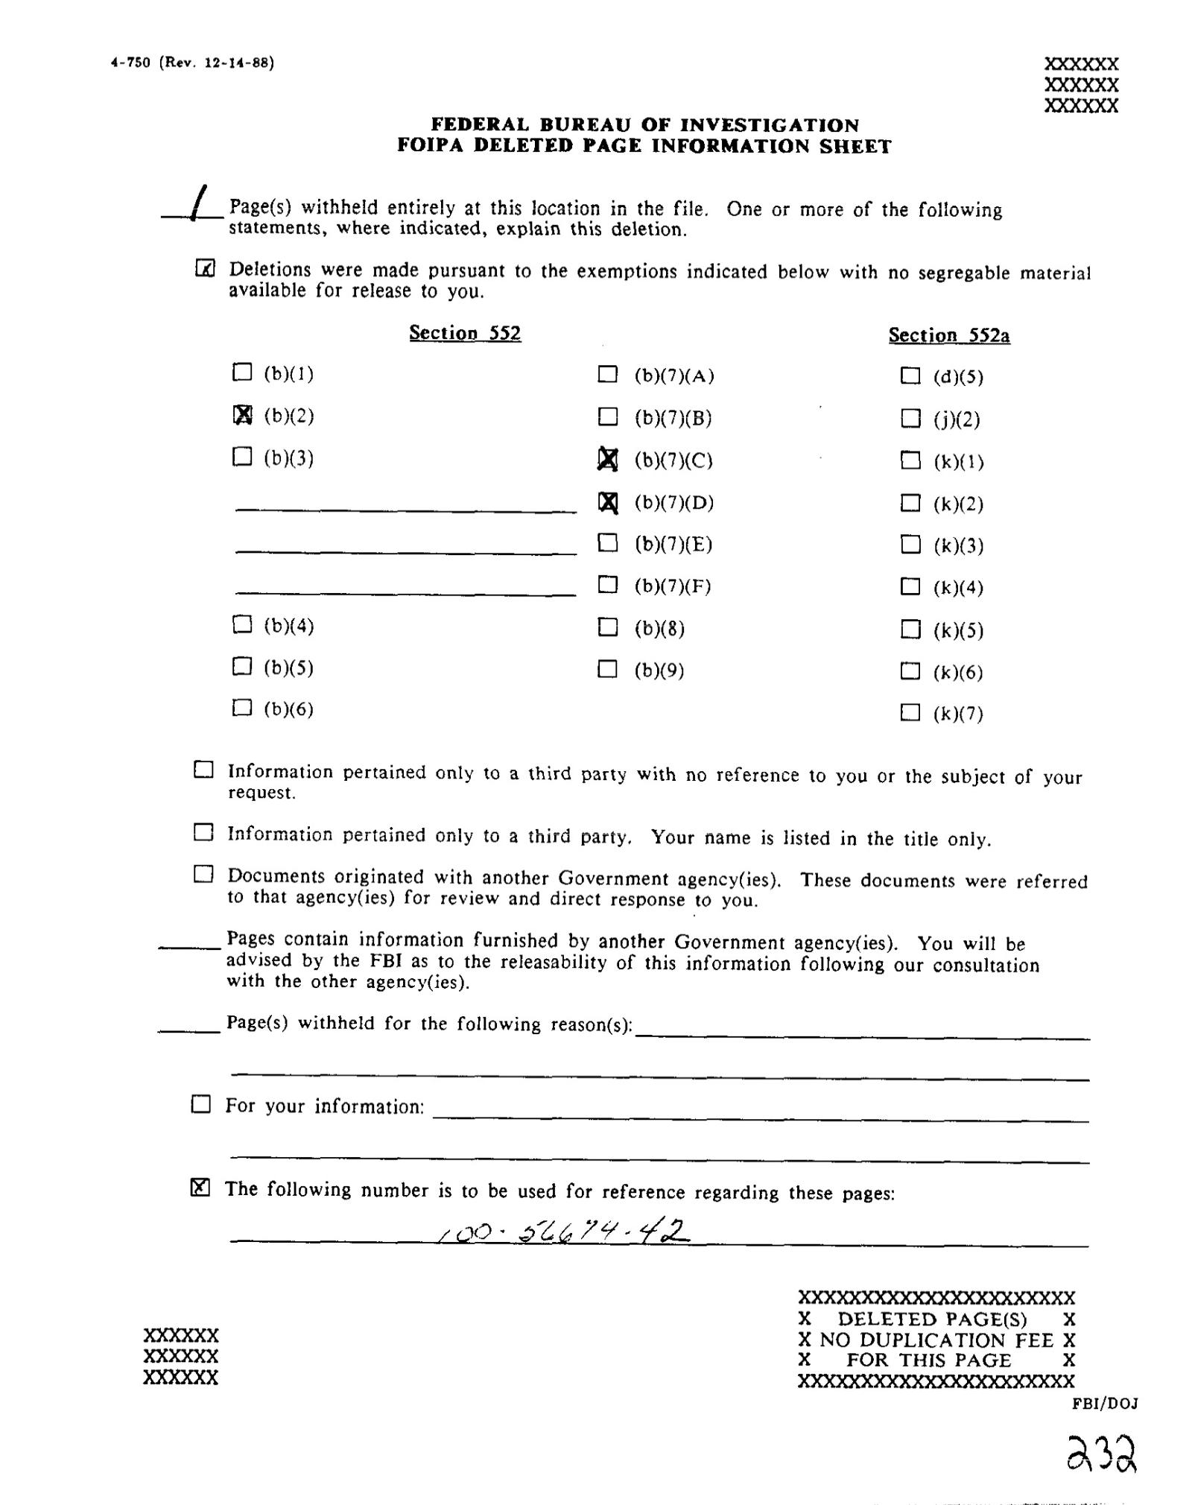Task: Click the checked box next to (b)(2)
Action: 243,414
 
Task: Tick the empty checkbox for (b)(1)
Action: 242,372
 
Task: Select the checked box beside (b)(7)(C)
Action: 608,460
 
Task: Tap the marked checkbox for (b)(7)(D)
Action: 608,503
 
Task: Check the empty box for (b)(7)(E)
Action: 608,543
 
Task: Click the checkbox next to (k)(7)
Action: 910,713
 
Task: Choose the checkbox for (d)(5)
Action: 910,376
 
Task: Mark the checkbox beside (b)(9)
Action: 608,669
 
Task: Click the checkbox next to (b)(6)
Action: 242,707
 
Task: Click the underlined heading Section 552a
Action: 948,335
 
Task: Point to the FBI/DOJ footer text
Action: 1105,1404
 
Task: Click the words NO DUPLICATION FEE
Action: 936,1340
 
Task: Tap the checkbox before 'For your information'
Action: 201,1104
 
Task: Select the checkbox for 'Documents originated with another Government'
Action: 203,875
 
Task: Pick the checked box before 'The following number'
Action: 200,1188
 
